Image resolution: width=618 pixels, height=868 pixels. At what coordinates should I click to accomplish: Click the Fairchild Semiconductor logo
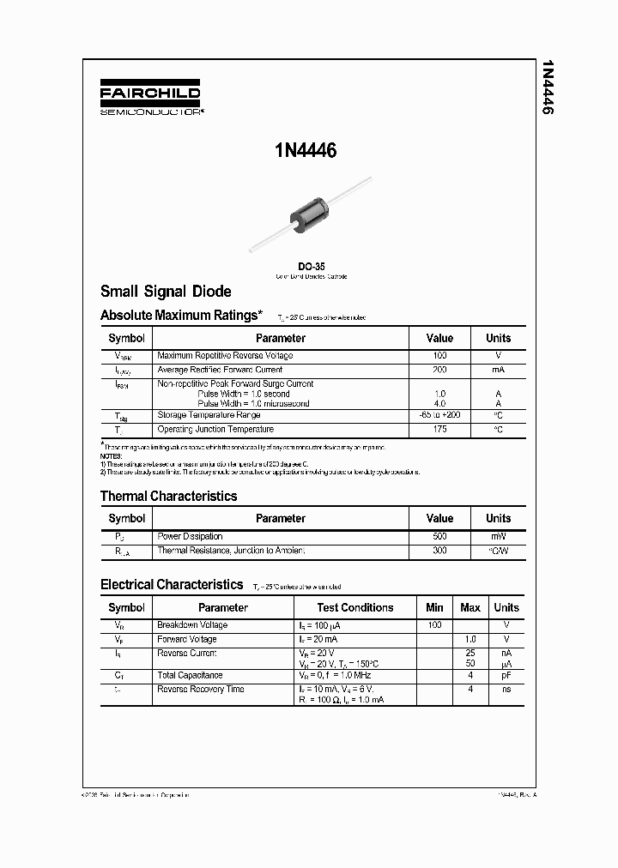click(150, 99)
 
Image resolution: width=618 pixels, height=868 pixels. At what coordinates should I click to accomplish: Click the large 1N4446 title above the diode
click(306, 151)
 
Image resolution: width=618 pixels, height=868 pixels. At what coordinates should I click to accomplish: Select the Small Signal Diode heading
click(166, 292)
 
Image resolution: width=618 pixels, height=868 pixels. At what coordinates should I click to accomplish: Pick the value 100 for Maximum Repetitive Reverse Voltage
click(439, 355)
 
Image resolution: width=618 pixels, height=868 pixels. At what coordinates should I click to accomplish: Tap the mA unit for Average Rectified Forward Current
click(498, 370)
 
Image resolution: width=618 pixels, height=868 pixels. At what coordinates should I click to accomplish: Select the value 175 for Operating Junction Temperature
click(439, 429)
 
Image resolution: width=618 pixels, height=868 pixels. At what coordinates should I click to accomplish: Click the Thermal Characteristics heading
click(168, 496)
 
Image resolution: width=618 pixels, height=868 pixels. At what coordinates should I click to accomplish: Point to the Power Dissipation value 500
click(439, 536)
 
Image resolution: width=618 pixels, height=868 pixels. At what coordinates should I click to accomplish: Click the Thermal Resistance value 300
click(439, 551)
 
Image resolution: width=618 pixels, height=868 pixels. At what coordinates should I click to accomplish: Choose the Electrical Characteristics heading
click(172, 584)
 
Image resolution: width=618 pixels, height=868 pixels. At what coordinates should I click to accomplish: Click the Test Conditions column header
click(355, 607)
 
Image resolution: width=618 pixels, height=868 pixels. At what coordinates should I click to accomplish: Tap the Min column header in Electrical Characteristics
click(434, 607)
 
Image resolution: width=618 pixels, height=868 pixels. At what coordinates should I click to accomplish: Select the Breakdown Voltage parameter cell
click(192, 625)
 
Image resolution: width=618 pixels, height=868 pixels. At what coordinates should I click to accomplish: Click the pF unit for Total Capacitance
click(506, 676)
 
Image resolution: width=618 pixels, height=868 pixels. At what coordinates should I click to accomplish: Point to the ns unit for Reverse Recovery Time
click(506, 690)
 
